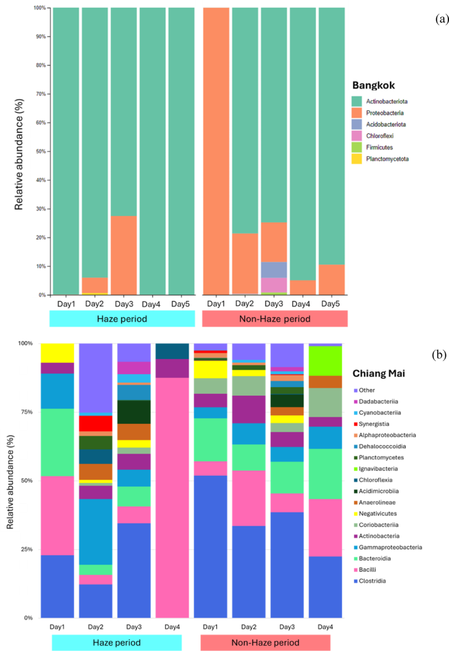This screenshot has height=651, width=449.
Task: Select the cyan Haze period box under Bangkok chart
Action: pos(123,318)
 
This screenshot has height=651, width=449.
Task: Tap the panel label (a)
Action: pos(441,19)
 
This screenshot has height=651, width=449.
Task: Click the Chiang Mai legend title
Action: pos(380,373)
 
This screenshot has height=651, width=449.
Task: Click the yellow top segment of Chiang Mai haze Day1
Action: pos(57,352)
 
